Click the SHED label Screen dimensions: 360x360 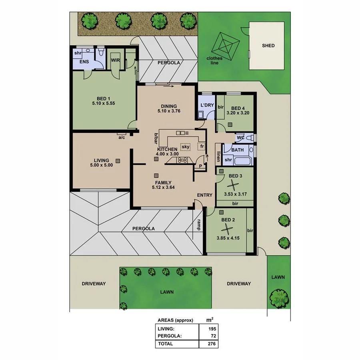click(x=268, y=46)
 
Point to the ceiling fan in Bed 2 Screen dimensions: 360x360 click(x=227, y=229)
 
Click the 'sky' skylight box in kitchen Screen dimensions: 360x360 click(x=185, y=147)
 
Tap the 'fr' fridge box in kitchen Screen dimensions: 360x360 click(x=202, y=146)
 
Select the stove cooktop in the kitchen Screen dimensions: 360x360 click(x=182, y=160)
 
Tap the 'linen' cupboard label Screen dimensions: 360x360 click(x=218, y=156)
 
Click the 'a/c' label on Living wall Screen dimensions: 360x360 click(x=122, y=137)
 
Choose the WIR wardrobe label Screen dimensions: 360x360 click(x=115, y=60)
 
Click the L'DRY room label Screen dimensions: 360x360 click(x=206, y=106)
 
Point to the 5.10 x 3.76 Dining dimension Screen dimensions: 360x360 click(x=168, y=111)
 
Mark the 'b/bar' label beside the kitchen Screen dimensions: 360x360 click(x=154, y=138)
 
